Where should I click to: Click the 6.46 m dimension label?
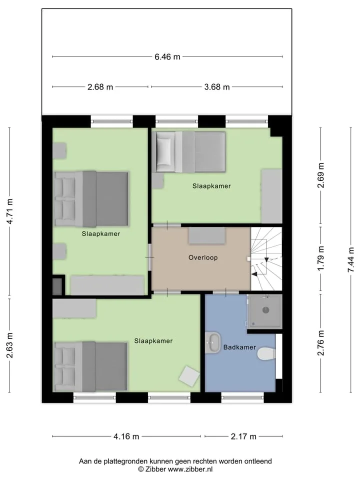[x=167, y=56]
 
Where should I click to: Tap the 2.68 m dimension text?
[x=100, y=87]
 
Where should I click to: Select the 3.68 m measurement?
[x=217, y=87]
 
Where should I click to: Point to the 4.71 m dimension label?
[x=10, y=211]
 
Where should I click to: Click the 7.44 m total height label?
[x=351, y=259]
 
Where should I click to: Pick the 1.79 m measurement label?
[x=320, y=258]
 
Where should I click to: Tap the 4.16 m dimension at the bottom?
[x=126, y=436]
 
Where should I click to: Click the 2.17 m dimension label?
[x=243, y=436]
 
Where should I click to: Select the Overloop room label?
[x=203, y=257]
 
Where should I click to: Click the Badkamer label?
[x=239, y=347]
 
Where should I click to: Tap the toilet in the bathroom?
[x=266, y=354]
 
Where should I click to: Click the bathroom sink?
[x=213, y=342]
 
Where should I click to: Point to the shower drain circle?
[x=265, y=310]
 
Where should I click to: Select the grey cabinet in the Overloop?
[x=207, y=235]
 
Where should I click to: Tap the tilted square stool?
[x=189, y=376]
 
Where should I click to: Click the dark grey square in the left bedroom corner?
[x=57, y=286]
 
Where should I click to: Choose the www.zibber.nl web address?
[x=190, y=469]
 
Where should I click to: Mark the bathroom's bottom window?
[x=242, y=397]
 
